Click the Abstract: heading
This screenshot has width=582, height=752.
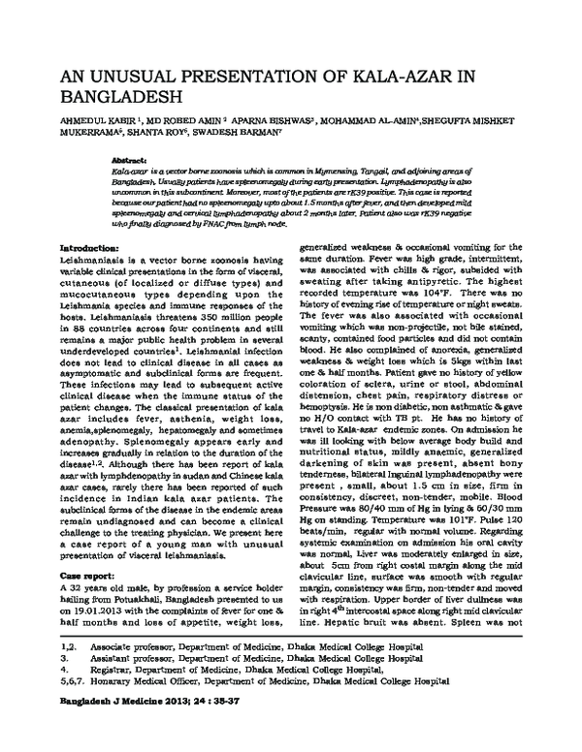131,157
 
